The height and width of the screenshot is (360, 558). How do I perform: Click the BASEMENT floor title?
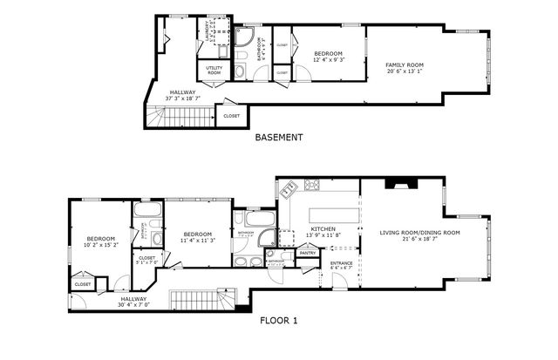tap(279, 138)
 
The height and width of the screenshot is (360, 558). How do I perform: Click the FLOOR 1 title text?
tap(279, 321)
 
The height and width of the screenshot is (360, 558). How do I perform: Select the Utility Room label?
tap(214, 71)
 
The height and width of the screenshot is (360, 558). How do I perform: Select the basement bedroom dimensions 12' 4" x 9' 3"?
tap(328, 60)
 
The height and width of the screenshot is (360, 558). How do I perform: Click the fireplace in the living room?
tap(404, 183)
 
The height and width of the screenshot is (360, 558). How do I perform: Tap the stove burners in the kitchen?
tap(312, 185)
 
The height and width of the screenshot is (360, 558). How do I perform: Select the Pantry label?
tap(307, 254)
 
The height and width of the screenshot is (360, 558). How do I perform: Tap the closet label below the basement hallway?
tap(231, 116)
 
